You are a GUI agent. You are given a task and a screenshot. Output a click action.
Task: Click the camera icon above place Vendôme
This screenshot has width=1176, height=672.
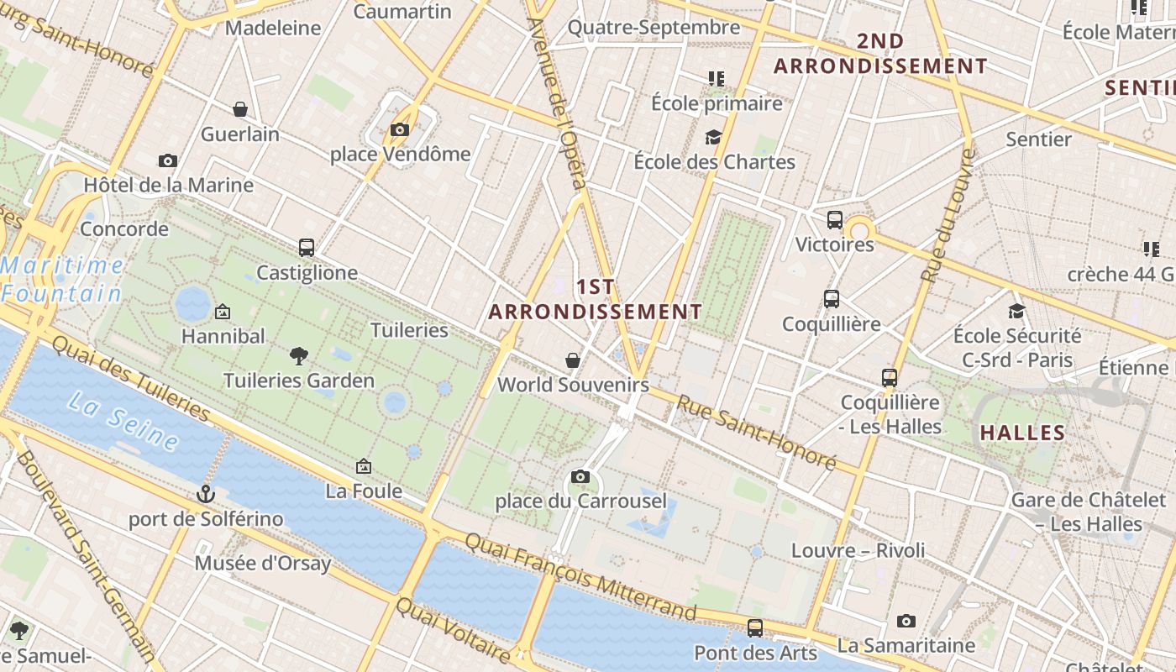(x=399, y=129)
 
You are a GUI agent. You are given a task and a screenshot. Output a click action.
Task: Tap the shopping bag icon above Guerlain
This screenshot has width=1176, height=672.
(x=240, y=109)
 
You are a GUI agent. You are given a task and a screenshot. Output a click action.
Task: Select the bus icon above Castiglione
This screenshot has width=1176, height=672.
(x=307, y=248)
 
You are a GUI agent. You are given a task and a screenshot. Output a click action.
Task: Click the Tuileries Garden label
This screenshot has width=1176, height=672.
(x=298, y=381)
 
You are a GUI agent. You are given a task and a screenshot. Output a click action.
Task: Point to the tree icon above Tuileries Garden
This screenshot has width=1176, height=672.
(x=298, y=356)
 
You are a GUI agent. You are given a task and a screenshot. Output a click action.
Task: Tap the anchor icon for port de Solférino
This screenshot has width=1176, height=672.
(x=206, y=494)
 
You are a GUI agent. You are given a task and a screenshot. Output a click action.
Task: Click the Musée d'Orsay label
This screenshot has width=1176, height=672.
(x=263, y=563)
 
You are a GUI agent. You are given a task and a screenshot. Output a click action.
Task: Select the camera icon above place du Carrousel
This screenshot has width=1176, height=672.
(x=580, y=477)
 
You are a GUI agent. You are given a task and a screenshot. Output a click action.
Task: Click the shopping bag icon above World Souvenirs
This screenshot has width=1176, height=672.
(x=573, y=360)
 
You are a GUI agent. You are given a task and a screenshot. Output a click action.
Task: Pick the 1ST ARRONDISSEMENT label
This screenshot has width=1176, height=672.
(x=596, y=299)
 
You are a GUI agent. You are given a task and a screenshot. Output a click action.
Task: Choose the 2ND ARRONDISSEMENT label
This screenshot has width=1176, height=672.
(x=880, y=53)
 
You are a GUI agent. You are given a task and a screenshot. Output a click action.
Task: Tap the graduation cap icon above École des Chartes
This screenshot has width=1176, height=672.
(x=714, y=137)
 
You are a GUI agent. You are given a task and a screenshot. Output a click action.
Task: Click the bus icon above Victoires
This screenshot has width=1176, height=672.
(x=834, y=220)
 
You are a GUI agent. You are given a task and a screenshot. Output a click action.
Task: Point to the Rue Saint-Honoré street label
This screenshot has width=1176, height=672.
(x=757, y=433)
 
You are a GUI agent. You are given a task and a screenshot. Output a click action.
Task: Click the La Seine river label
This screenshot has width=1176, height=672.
(x=123, y=423)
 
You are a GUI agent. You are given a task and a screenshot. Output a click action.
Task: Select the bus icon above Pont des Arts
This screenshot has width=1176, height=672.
(x=755, y=627)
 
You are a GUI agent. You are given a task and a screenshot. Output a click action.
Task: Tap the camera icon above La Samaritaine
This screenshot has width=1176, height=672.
(x=906, y=621)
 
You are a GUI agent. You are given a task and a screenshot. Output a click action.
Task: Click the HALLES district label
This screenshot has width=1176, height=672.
(x=1022, y=433)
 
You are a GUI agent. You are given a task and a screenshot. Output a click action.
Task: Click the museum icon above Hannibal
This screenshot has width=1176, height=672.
(x=223, y=312)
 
